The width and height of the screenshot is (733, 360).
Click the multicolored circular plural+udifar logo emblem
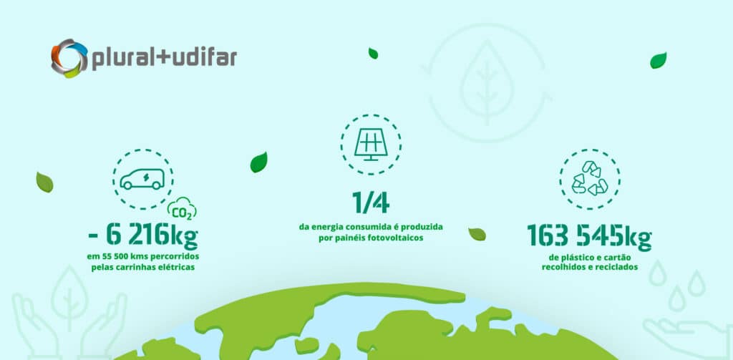[69, 58]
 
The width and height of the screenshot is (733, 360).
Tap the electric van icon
[142, 179]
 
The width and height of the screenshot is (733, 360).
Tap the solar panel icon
[372, 144]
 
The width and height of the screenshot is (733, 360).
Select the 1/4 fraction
[371, 203]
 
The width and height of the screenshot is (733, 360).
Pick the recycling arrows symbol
[590, 178]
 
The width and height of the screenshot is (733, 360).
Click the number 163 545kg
[590, 236]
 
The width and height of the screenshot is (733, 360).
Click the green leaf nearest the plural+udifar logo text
[373, 53]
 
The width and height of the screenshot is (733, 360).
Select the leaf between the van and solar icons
[259, 162]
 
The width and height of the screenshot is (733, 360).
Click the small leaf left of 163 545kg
[477, 234]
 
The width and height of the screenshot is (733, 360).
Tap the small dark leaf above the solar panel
[373, 53]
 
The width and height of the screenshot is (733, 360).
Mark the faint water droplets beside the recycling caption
[677, 284]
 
